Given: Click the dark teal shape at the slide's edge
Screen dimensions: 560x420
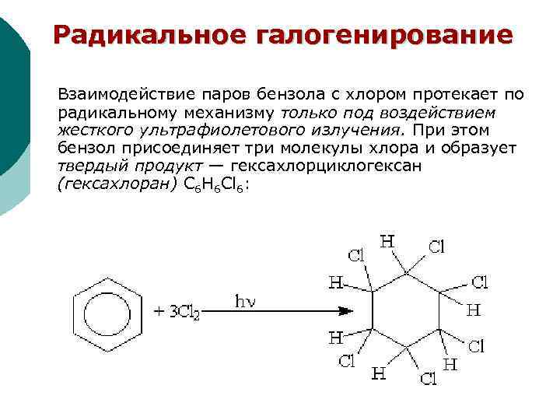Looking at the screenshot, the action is [12, 93].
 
